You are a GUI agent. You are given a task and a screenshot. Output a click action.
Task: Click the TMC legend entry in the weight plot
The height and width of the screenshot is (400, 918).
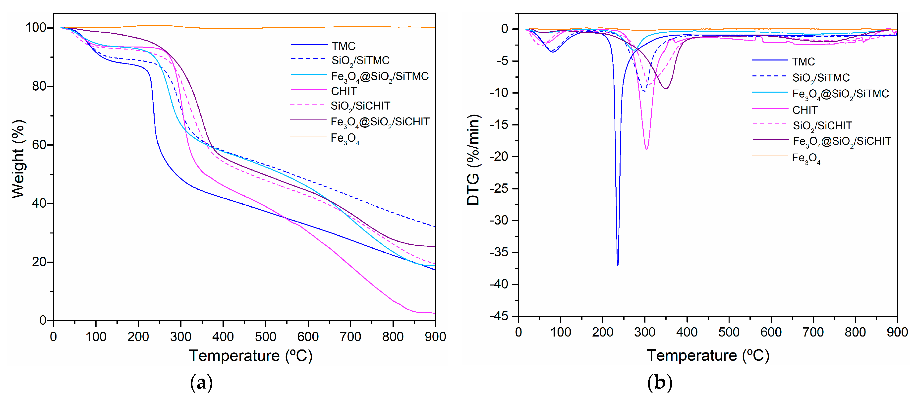[x=343, y=46]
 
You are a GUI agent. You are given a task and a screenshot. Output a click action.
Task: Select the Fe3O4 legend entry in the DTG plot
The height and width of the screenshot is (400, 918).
[x=805, y=158]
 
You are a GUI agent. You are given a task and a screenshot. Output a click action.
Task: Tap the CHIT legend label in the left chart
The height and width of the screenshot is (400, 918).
[x=344, y=91]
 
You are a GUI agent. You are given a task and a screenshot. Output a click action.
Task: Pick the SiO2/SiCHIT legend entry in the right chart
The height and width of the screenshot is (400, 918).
[x=822, y=125]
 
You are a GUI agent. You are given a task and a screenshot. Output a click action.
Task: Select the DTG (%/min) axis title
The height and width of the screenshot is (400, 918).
[x=473, y=160]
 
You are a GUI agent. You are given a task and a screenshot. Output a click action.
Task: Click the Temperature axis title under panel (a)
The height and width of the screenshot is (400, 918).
[x=250, y=356]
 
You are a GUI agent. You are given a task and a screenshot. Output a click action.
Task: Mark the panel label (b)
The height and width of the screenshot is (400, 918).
[x=659, y=383]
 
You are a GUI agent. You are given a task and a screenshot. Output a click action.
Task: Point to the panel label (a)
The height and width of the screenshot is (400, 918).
[x=201, y=383]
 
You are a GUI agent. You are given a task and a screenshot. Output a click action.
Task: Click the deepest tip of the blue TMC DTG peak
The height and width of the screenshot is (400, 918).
[x=618, y=265]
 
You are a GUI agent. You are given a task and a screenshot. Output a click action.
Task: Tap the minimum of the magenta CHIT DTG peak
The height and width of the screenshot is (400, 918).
[x=646, y=149]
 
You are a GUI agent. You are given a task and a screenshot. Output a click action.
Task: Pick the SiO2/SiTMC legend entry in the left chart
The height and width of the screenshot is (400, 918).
[x=360, y=60]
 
